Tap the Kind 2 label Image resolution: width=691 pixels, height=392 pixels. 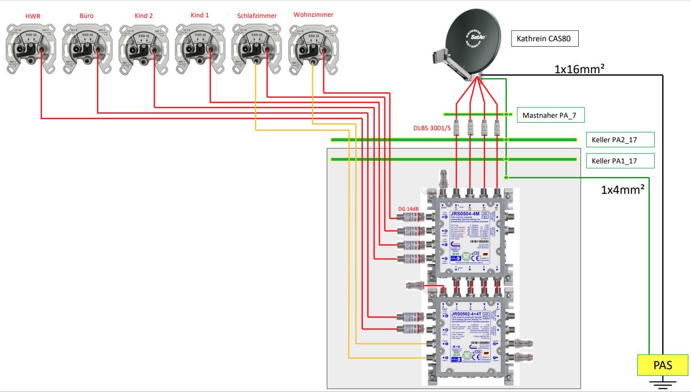[144, 16]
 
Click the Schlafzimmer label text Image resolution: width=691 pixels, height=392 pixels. [257, 16]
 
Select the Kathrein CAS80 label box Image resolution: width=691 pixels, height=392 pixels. [544, 39]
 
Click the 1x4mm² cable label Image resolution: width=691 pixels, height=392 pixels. [622, 189]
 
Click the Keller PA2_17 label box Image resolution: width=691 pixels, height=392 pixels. [619, 140]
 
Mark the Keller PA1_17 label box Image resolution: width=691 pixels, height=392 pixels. [619, 161]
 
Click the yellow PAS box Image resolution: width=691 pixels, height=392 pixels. [663, 365]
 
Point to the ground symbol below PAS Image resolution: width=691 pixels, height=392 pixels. [663, 384]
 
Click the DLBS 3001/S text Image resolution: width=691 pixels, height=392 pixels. [432, 128]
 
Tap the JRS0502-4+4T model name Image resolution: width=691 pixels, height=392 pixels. [466, 313]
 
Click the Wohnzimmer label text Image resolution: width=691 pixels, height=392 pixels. [313, 15]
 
